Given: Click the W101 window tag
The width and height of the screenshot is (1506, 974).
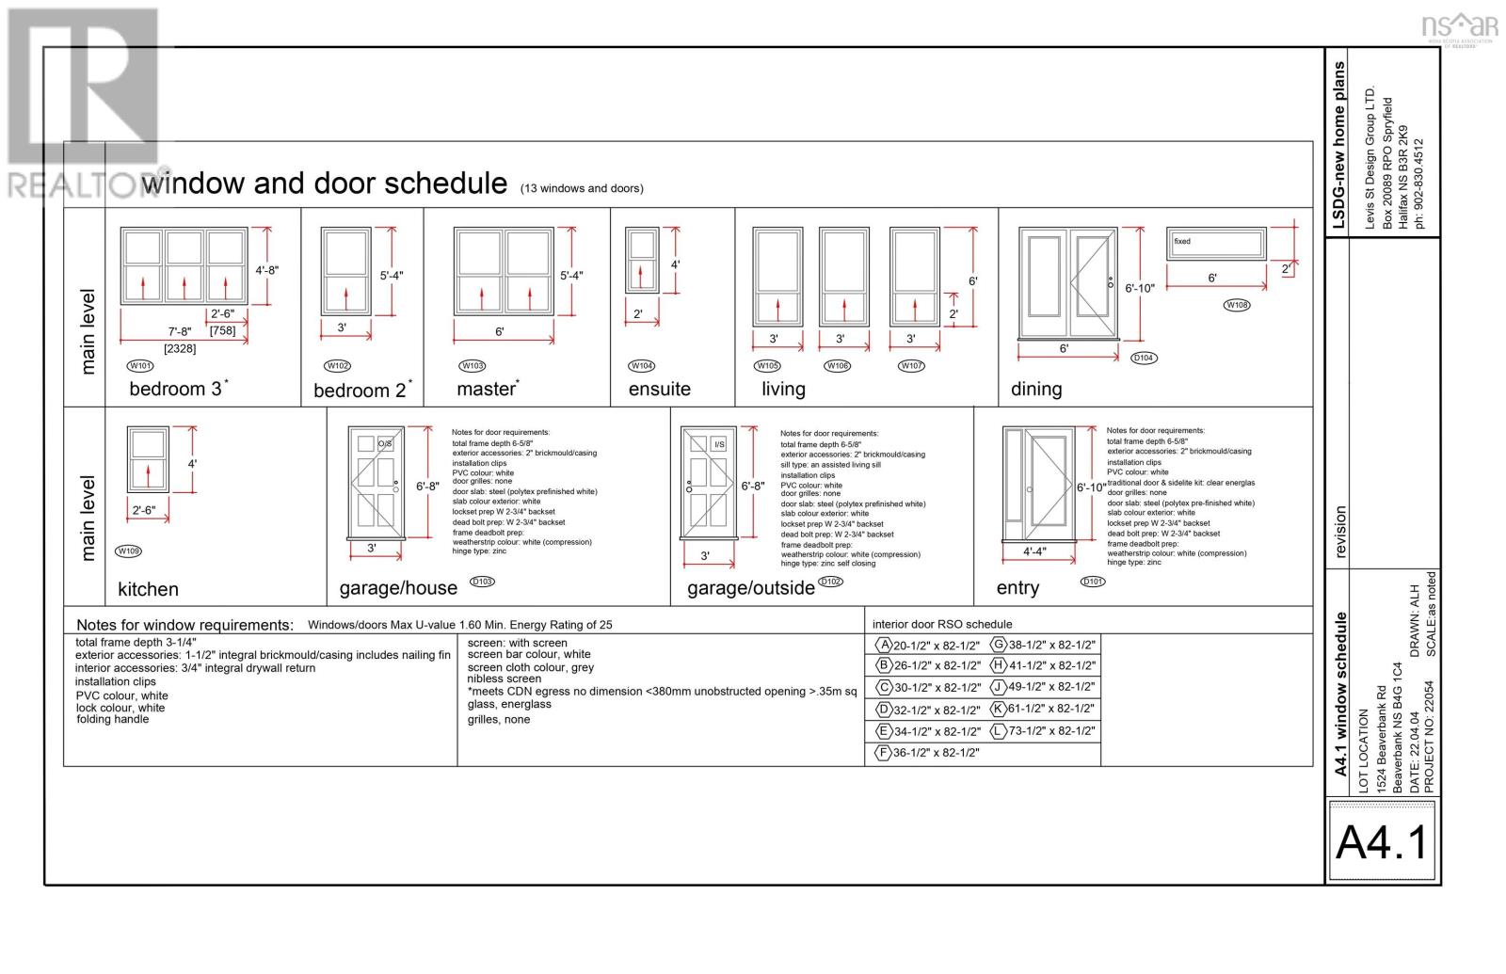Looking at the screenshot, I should pos(139,365).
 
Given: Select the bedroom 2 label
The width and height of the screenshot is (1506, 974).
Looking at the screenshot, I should pos(360,391).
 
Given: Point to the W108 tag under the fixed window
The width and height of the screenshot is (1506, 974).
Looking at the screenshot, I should pos(1237,305).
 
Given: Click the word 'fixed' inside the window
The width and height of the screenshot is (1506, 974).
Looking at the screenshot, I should pos(1182,242).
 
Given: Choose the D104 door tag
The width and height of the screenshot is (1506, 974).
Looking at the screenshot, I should pos(1143,358).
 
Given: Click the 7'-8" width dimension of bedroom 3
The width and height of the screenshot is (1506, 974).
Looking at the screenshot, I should pos(179,330).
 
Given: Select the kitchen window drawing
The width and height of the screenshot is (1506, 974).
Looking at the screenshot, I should pos(148,459).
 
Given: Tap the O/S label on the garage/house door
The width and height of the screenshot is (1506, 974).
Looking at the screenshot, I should pos(385,443).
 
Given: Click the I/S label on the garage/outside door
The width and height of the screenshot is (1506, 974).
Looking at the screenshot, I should pos(719,444).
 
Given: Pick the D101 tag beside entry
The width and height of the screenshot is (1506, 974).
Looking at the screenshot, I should pos(1093,582).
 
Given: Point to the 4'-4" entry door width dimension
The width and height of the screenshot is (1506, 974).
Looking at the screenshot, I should pos(1034,551).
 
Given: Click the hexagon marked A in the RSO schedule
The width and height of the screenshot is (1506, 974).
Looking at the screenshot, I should pos(884,645).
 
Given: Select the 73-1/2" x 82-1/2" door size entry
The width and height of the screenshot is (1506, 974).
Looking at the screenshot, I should pos(1051,730).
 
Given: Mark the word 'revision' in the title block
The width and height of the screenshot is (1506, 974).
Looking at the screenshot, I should pos(1340,532).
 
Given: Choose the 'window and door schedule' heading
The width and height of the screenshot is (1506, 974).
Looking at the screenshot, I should pos(325,183).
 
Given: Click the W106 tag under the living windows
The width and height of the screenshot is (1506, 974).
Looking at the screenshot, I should pos(837,365).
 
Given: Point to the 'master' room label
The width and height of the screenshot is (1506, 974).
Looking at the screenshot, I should pos(486,389).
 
